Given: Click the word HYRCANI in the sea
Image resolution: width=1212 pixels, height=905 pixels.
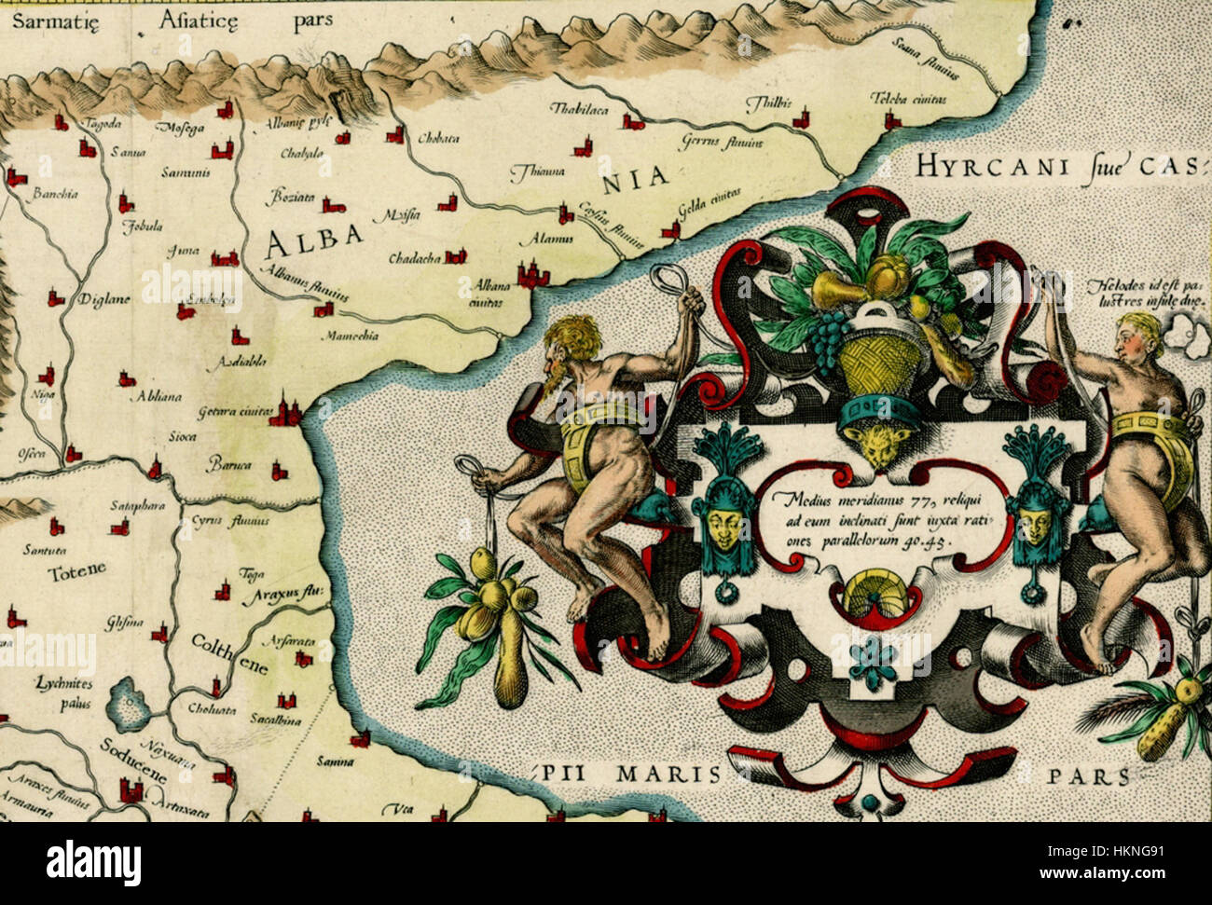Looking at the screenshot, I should (x=972, y=167).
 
